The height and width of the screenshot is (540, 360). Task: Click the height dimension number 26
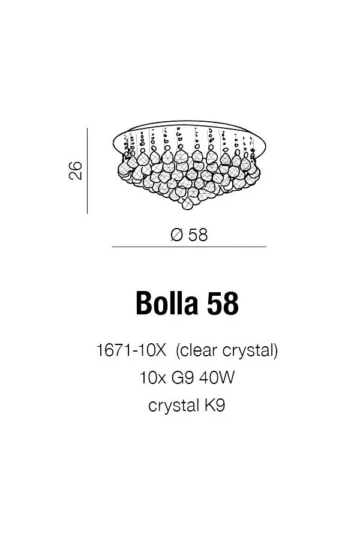pyautogui.click(x=76, y=170)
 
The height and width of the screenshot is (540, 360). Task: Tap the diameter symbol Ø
pyautogui.click(x=176, y=235)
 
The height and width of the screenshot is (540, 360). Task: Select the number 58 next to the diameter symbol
pyautogui.click(x=198, y=235)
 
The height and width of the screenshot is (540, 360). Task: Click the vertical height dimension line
pyautogui.click(x=87, y=171)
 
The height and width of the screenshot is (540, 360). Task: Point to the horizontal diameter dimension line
pyautogui.click(x=189, y=247)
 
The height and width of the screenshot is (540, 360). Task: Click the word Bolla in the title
pyautogui.click(x=167, y=303)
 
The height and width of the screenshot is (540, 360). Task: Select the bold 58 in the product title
pyautogui.click(x=223, y=303)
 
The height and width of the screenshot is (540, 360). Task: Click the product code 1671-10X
pyautogui.click(x=131, y=350)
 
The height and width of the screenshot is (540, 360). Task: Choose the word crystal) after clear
pyautogui.click(x=250, y=351)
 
